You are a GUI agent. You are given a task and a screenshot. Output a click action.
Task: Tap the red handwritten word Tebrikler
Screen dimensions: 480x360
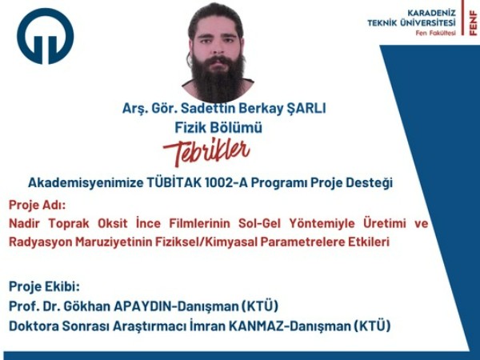click(x=206, y=153)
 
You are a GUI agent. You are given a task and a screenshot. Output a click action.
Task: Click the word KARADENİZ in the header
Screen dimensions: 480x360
click(x=431, y=13)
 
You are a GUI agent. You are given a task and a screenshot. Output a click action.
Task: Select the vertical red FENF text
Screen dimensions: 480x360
click(x=473, y=23)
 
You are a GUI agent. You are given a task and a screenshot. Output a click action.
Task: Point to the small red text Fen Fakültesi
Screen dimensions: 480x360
click(x=436, y=33)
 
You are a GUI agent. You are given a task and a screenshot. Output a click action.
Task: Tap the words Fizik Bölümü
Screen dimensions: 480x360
click(x=218, y=128)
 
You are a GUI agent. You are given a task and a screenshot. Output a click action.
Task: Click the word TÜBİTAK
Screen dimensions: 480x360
click(x=174, y=182)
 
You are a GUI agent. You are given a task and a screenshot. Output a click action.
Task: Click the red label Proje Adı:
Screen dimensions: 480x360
click(x=38, y=205)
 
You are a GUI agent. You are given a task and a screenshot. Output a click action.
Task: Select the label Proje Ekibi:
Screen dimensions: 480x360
click(x=44, y=286)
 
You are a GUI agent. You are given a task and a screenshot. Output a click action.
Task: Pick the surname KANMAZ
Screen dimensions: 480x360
click(x=257, y=326)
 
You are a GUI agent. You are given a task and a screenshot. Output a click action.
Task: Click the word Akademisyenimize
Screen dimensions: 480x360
click(x=86, y=182)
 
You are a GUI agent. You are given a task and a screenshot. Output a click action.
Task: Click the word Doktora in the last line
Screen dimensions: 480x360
click(x=34, y=326)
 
